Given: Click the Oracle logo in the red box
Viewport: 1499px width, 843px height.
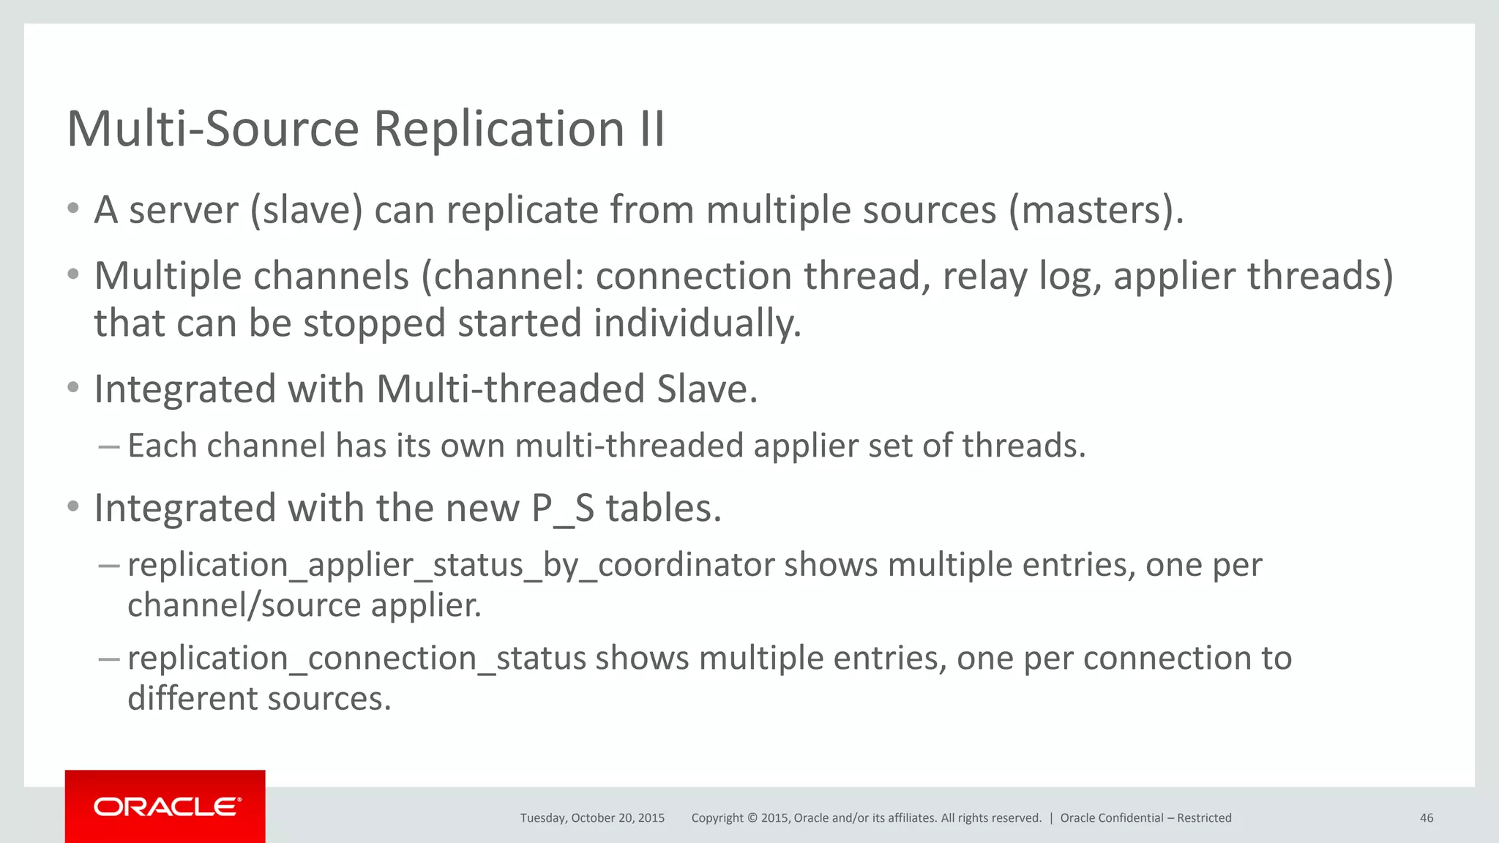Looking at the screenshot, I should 166,806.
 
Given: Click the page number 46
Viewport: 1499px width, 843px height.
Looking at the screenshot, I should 1426,818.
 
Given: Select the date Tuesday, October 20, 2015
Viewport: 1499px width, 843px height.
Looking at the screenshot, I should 592,818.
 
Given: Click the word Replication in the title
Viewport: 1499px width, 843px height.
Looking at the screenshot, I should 499,130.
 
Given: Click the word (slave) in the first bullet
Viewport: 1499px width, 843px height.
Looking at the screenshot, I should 307,211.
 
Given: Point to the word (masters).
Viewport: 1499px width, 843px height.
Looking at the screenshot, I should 1096,211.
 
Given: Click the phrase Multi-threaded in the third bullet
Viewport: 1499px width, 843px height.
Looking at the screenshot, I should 510,389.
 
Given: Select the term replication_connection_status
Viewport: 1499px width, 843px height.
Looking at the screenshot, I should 356,659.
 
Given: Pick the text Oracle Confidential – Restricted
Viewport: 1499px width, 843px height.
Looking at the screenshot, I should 1145,818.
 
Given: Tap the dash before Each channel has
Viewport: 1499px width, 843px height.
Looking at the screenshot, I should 108,446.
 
